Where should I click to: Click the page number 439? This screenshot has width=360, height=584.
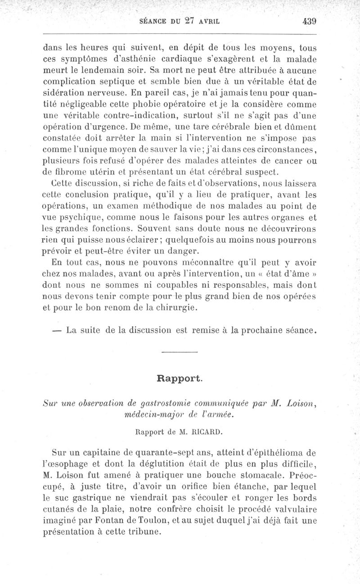[310, 21]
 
